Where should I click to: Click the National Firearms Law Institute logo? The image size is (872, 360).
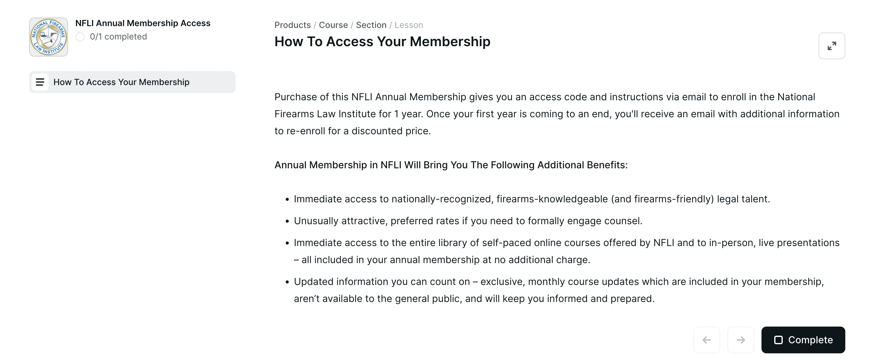pos(48,37)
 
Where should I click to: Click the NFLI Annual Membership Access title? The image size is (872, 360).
pos(142,23)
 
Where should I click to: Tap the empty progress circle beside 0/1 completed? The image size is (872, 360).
pos(80,36)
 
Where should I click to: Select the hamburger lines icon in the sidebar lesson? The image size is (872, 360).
pos(40,82)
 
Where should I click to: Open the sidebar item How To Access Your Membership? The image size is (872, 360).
pos(121,82)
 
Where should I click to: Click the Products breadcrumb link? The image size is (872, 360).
pos(292,25)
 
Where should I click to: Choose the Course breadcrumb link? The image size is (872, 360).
pos(333,25)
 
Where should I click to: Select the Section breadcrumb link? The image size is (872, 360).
pos(371,25)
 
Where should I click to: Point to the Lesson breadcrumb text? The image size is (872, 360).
pos(409,25)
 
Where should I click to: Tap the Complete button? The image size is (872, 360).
pos(803,340)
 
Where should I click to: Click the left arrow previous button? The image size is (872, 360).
pos(707,340)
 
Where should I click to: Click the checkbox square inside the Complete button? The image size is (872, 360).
pos(778,340)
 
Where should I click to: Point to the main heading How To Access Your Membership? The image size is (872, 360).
pos(382,42)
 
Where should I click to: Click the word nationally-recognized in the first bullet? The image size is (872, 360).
pos(441,199)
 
